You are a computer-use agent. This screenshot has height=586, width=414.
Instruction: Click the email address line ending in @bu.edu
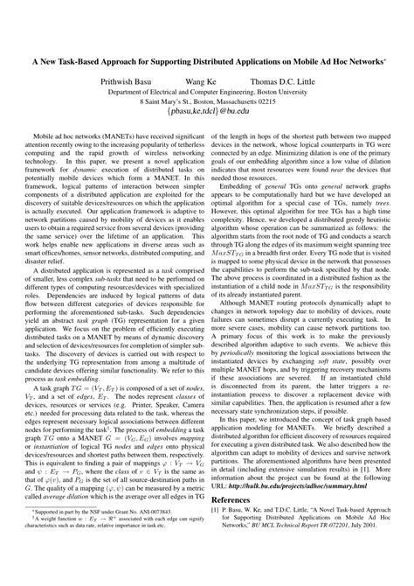tap(206, 113)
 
